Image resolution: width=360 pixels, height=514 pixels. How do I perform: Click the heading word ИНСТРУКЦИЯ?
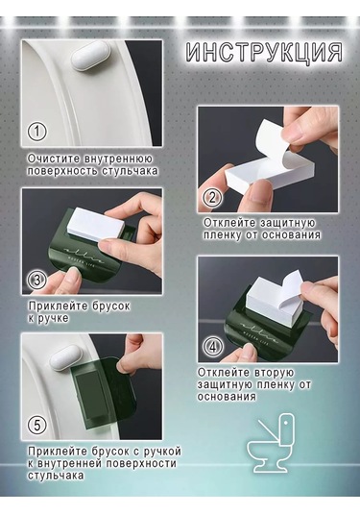click(264, 52)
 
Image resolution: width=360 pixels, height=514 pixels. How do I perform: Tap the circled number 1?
click(36, 131)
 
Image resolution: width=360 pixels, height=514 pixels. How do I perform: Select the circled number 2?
click(212, 198)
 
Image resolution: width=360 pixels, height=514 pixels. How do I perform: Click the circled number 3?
click(37, 280)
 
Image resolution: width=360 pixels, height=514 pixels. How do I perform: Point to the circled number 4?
click(213, 347)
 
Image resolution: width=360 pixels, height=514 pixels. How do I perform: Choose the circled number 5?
click(36, 426)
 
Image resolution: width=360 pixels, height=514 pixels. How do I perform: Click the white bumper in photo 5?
click(65, 358)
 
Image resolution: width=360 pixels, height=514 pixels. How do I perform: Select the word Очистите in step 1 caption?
click(54, 159)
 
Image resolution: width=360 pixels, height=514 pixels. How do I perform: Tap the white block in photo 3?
click(96, 221)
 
